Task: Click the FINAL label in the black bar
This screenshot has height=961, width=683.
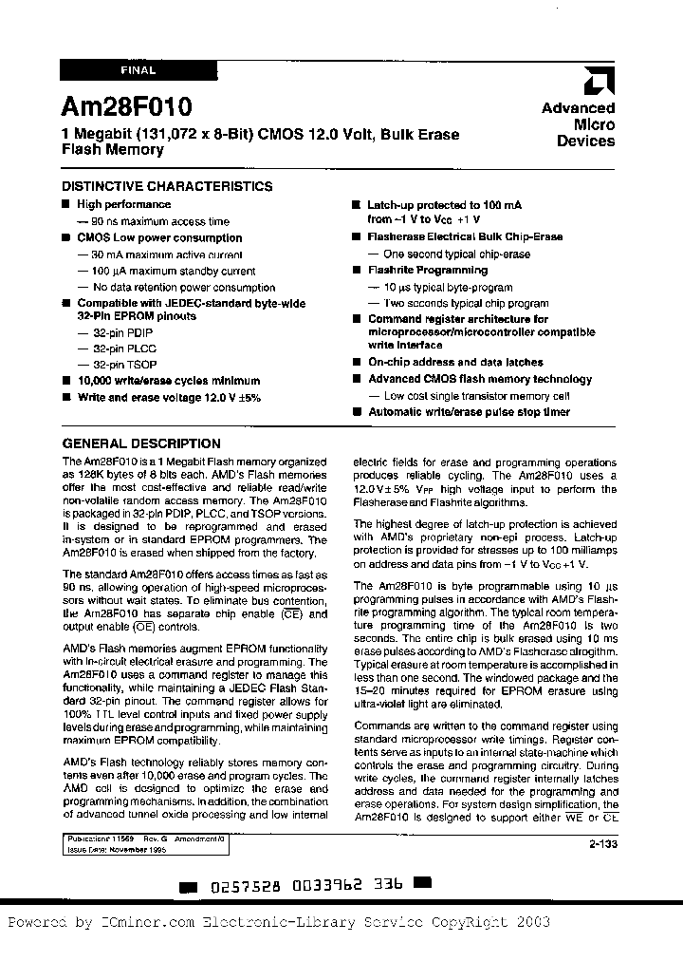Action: click(x=138, y=70)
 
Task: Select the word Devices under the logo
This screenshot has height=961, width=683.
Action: click(x=585, y=141)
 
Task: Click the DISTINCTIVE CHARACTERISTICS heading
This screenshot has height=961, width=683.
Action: click(x=167, y=187)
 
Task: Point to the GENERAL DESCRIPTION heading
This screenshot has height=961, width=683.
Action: click(x=141, y=443)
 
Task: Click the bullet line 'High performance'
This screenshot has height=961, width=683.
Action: click(x=123, y=204)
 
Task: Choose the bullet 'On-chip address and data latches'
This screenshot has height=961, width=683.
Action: click(x=455, y=363)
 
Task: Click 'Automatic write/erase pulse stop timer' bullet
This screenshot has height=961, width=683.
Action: click(x=469, y=412)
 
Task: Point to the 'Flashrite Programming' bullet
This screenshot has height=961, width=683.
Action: click(x=427, y=271)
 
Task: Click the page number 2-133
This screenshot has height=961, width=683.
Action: click(x=600, y=842)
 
